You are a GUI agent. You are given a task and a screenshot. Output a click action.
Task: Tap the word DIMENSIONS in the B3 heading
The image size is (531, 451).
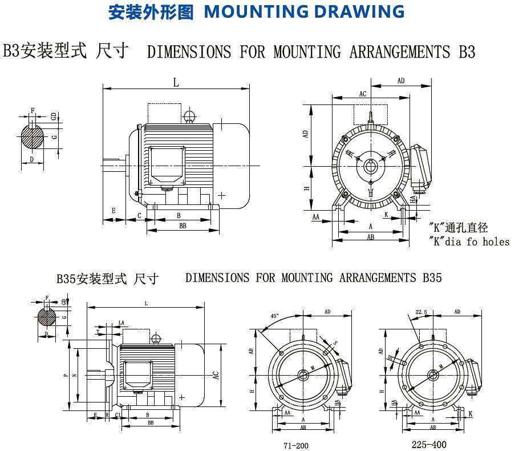click(189, 52)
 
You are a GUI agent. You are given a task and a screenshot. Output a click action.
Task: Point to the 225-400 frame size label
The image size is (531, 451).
click(429, 444)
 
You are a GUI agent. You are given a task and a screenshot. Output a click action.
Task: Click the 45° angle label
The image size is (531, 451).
click(275, 316)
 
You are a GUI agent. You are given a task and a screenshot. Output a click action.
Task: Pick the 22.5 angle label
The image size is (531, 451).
click(421, 312)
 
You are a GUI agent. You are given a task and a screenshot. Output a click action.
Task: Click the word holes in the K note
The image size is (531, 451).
click(496, 241)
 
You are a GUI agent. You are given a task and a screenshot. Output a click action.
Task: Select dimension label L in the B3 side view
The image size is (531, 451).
click(176, 83)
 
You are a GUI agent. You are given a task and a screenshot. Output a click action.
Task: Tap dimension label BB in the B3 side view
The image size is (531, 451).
click(183, 226)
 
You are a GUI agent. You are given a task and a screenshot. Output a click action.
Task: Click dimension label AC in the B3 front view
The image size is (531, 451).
click(363, 94)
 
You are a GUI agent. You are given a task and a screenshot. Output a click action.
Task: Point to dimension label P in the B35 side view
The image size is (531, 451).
click(66, 375)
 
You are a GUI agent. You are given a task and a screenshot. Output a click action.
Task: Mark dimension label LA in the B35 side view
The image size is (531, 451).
click(121, 323)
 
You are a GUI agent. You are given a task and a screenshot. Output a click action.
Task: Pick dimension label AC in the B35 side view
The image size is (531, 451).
click(215, 375)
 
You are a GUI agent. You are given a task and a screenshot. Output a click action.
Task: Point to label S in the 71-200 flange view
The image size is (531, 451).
click(335, 343)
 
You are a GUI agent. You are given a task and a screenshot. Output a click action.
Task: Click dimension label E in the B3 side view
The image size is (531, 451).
click(114, 211)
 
